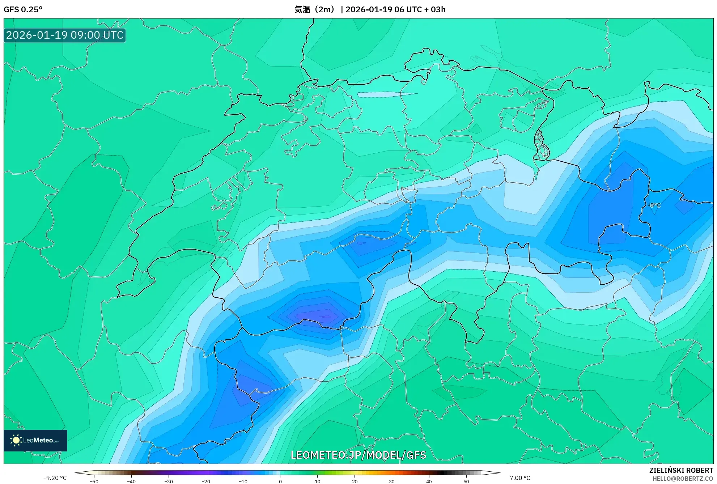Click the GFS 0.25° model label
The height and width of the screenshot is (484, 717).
(23, 9)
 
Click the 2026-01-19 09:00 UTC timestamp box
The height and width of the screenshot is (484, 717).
(65, 35)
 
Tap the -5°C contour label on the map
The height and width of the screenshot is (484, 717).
(654, 205)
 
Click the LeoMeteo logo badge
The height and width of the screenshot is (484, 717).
(35, 440)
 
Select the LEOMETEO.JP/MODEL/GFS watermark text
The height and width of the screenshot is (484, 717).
(358, 455)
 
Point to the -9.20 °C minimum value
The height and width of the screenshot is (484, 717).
(55, 478)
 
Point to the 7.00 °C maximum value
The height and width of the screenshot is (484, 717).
(520, 478)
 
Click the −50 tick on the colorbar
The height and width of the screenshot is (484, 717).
(94, 481)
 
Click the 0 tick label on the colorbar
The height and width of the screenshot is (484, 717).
(280, 481)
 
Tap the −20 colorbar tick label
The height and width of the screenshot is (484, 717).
(205, 481)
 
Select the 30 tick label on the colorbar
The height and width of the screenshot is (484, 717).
(392, 481)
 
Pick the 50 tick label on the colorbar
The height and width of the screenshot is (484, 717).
(466, 481)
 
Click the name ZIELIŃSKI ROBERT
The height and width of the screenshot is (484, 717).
(681, 470)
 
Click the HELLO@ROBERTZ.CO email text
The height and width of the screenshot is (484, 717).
(683, 479)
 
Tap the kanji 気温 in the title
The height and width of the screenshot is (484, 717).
(302, 9)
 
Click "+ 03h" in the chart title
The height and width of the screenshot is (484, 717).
(434, 9)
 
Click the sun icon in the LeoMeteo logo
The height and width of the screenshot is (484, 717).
(16, 440)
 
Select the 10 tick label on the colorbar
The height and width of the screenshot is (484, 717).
(317, 481)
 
